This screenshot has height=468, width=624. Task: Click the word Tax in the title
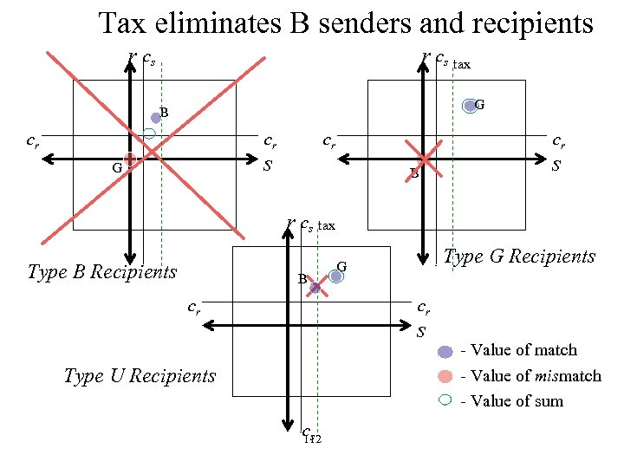[x=121, y=23]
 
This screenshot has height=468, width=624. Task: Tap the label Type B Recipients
[x=102, y=272]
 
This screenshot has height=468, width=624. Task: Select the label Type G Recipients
[x=519, y=256]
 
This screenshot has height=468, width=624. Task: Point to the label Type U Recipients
[x=140, y=376]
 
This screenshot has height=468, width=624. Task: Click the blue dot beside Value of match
[x=445, y=351]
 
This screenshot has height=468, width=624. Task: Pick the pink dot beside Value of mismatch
[x=445, y=376]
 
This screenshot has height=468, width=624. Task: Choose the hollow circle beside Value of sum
[x=445, y=400]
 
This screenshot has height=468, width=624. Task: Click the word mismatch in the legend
[x=567, y=376]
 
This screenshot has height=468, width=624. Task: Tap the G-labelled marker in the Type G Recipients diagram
[x=471, y=106]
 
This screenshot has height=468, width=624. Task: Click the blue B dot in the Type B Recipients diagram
[x=156, y=117]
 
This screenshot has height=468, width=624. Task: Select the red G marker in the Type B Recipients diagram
[x=129, y=159]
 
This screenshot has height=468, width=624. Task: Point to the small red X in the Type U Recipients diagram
[x=315, y=287]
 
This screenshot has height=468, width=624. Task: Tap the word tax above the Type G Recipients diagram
[x=463, y=64]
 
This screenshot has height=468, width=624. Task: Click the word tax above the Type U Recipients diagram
[x=326, y=226]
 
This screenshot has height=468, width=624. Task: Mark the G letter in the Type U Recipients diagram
[x=341, y=265]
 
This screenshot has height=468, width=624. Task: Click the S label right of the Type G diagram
[x=556, y=163]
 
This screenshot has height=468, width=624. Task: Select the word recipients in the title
[x=535, y=23]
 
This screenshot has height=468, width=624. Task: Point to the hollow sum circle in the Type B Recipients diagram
[x=149, y=133]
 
